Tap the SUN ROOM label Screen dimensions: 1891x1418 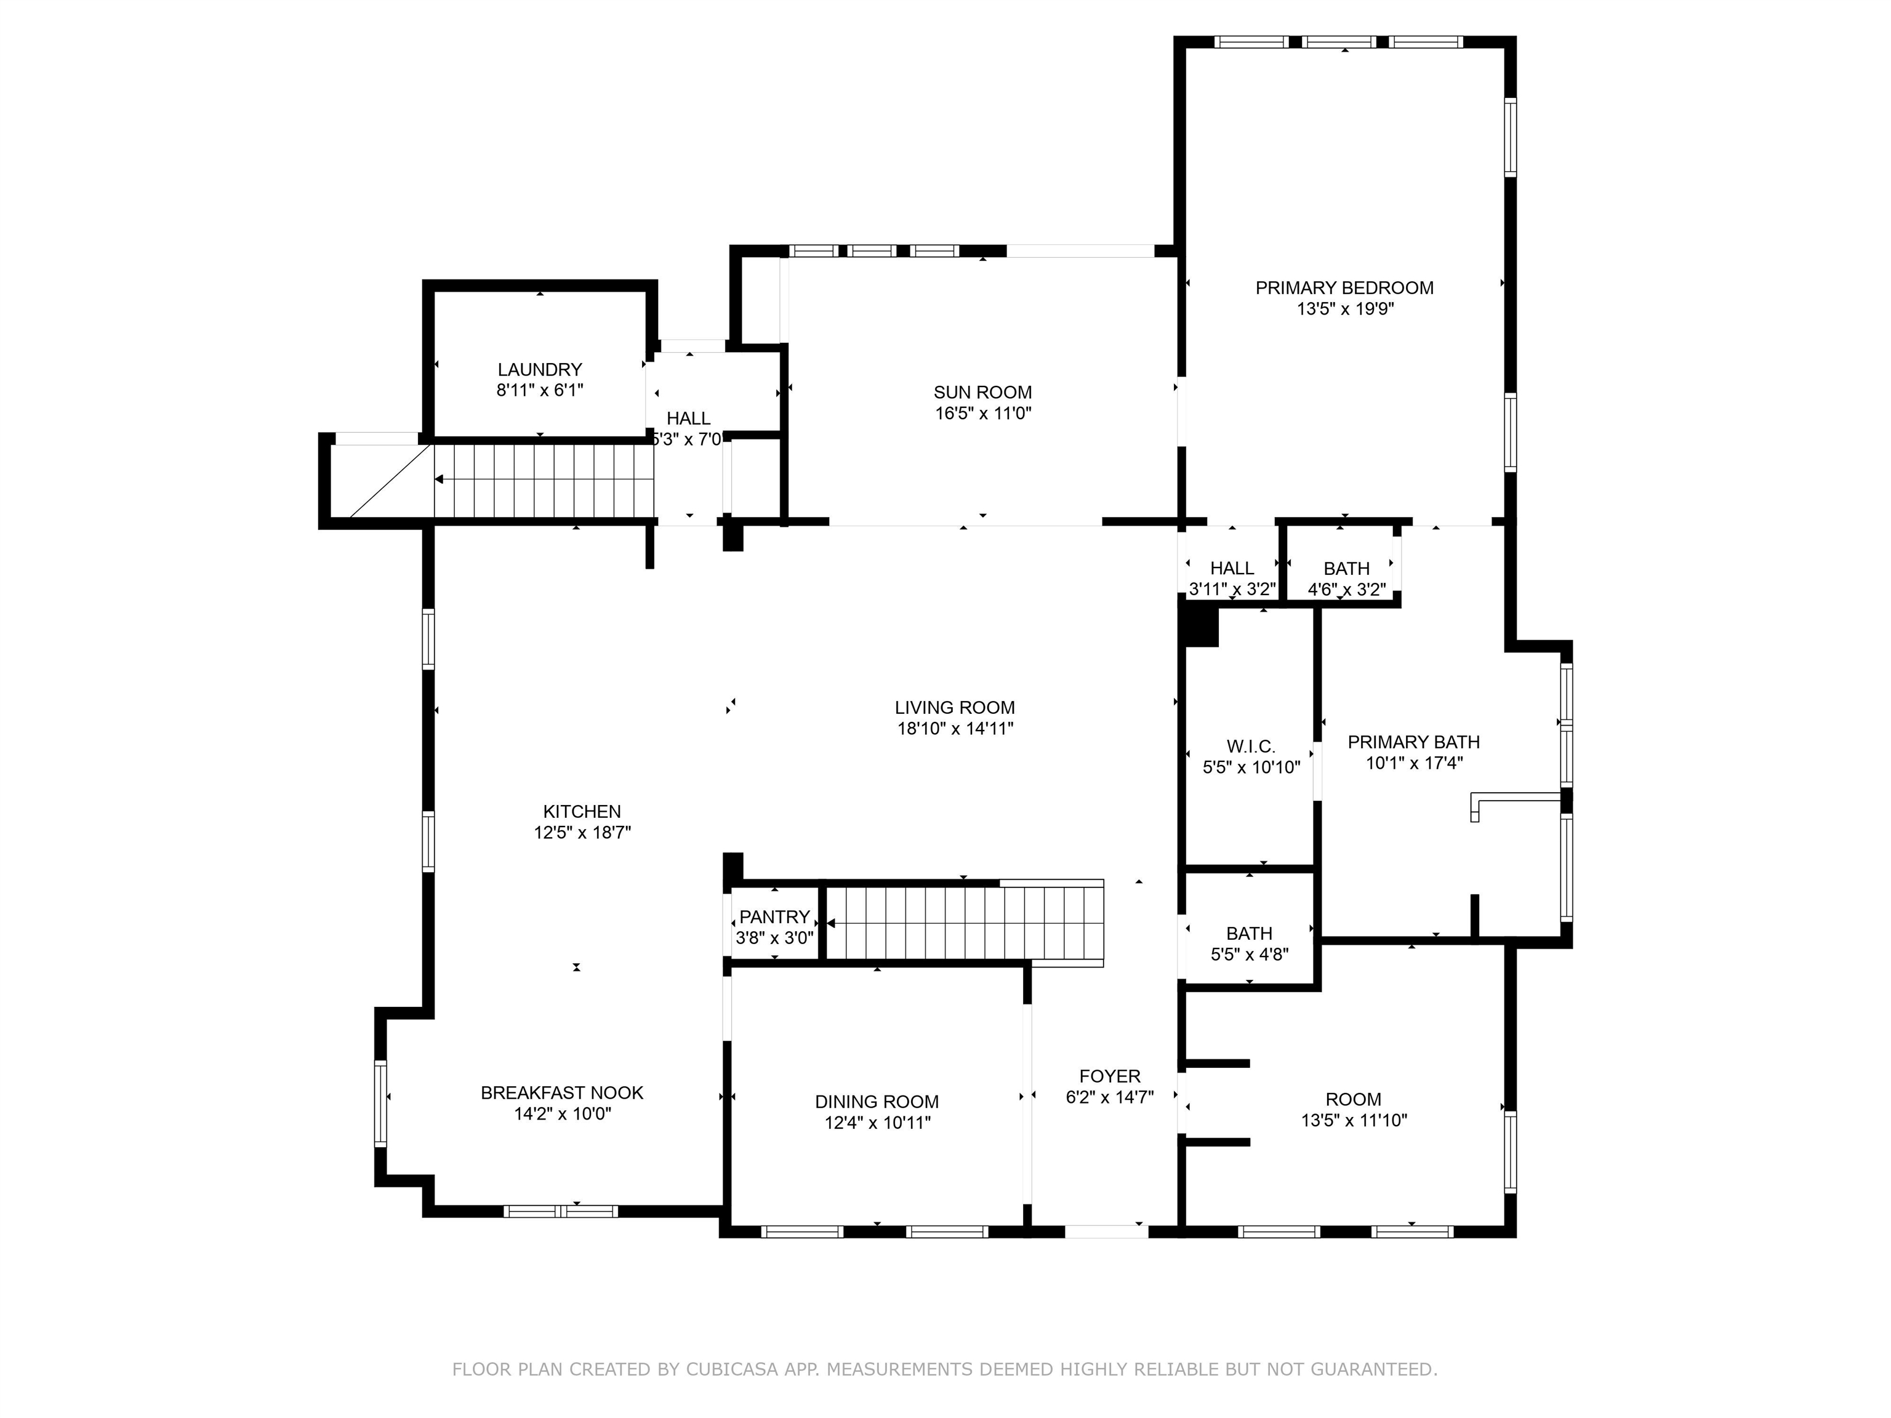[x=982, y=392]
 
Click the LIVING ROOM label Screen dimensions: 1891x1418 [x=955, y=708]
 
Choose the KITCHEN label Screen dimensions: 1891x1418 [x=582, y=812]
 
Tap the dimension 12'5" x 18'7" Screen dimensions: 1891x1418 [x=582, y=833]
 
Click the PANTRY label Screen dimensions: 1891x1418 [x=774, y=917]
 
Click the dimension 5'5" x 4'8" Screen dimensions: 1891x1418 [x=1250, y=955]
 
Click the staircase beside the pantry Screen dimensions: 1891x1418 [x=965, y=923]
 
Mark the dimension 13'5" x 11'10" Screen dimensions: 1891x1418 [x=1354, y=1121]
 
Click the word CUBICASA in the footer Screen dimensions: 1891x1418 [x=732, y=1369]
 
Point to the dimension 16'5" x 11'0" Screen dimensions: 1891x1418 [x=983, y=414]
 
